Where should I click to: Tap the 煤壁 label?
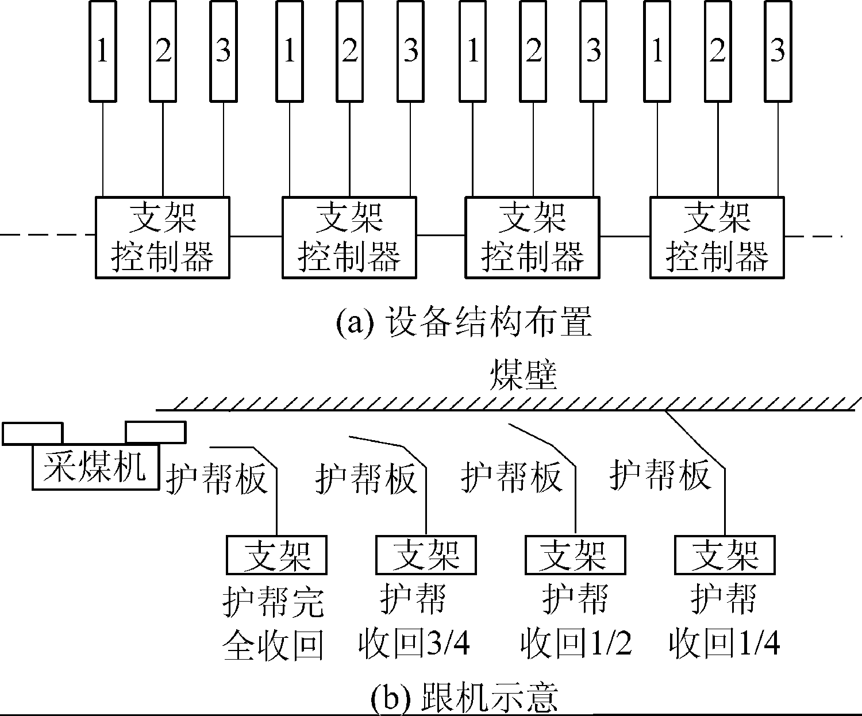tap(522, 377)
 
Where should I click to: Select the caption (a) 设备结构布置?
tap(463, 323)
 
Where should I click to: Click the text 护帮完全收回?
tap(273, 623)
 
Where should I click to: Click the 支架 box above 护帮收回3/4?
tap(426, 555)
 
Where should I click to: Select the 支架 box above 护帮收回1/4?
tap(725, 555)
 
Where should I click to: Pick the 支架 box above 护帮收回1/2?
tap(575, 555)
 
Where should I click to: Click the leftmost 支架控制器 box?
tap(163, 237)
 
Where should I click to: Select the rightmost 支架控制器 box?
tap(717, 237)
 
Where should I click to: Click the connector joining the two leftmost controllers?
tap(256, 236)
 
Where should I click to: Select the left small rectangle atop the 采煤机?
tap(32, 433)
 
